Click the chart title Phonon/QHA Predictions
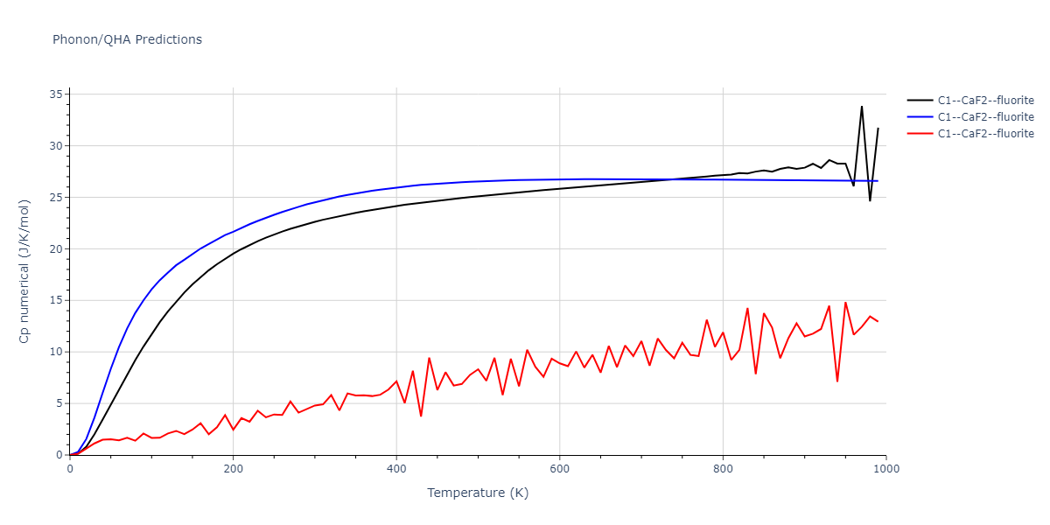pos(127,39)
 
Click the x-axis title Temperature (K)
pos(478,493)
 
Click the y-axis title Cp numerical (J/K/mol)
pos(25,272)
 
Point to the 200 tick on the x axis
pos(233,469)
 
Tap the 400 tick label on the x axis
pos(396,469)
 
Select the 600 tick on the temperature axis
pos(560,469)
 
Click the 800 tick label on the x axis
pos(723,469)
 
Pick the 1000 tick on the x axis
pos(885,469)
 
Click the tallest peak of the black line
pos(861,107)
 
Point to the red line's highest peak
pos(845,303)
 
